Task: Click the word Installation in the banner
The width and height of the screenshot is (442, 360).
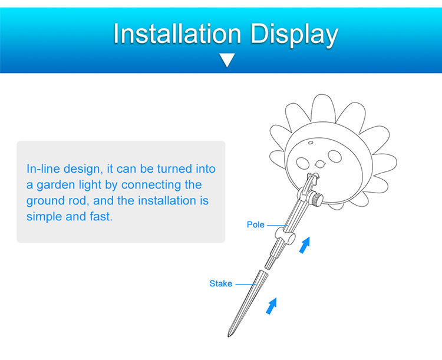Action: pyautogui.click(x=177, y=34)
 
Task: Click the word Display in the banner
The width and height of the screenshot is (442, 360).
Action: pyautogui.click(x=294, y=35)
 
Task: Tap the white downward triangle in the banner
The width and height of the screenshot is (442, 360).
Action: pyautogui.click(x=227, y=60)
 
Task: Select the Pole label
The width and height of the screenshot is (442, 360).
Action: pyautogui.click(x=255, y=224)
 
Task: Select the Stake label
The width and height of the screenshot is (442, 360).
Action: pyautogui.click(x=221, y=283)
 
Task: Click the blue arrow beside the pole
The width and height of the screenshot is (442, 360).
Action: pyautogui.click(x=305, y=245)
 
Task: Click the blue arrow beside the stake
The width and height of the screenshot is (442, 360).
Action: pyautogui.click(x=272, y=306)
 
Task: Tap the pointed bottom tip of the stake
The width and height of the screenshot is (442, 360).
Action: pyautogui.click(x=229, y=335)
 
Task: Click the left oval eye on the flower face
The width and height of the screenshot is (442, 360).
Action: pyautogui.click(x=302, y=163)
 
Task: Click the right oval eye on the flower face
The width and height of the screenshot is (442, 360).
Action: pyautogui.click(x=335, y=156)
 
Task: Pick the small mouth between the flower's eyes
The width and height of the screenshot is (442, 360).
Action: pyautogui.click(x=320, y=163)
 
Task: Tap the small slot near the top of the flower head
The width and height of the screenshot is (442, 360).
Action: pyautogui.click(x=311, y=143)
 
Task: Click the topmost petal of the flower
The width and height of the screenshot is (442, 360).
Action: pyautogui.click(x=324, y=108)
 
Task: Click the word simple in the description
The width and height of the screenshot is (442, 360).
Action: pyautogui.click(x=44, y=217)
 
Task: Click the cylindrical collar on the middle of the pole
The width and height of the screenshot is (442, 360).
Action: pyautogui.click(x=285, y=236)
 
